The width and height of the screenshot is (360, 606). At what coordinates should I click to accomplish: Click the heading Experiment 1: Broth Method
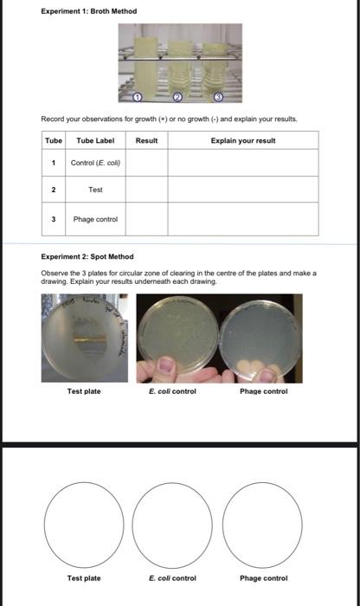point(90,11)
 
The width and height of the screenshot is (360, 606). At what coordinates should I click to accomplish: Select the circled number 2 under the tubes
point(178,95)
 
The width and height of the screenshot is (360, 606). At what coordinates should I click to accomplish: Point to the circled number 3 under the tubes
point(218,95)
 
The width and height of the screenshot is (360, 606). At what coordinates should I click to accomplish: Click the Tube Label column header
point(95,140)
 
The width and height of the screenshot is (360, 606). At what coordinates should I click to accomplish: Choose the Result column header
point(147,140)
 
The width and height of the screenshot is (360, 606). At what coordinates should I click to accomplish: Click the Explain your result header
point(243,140)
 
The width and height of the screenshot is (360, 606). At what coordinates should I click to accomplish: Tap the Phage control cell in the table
point(95,220)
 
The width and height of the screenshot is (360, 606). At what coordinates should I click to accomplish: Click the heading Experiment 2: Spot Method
point(87,256)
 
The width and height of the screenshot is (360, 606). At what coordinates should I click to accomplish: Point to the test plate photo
point(84,338)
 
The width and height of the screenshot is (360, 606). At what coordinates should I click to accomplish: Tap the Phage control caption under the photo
point(263,392)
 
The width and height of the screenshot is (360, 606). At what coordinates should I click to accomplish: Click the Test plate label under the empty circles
point(84,578)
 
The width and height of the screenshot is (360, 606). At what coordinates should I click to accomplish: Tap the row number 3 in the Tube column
point(54,220)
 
